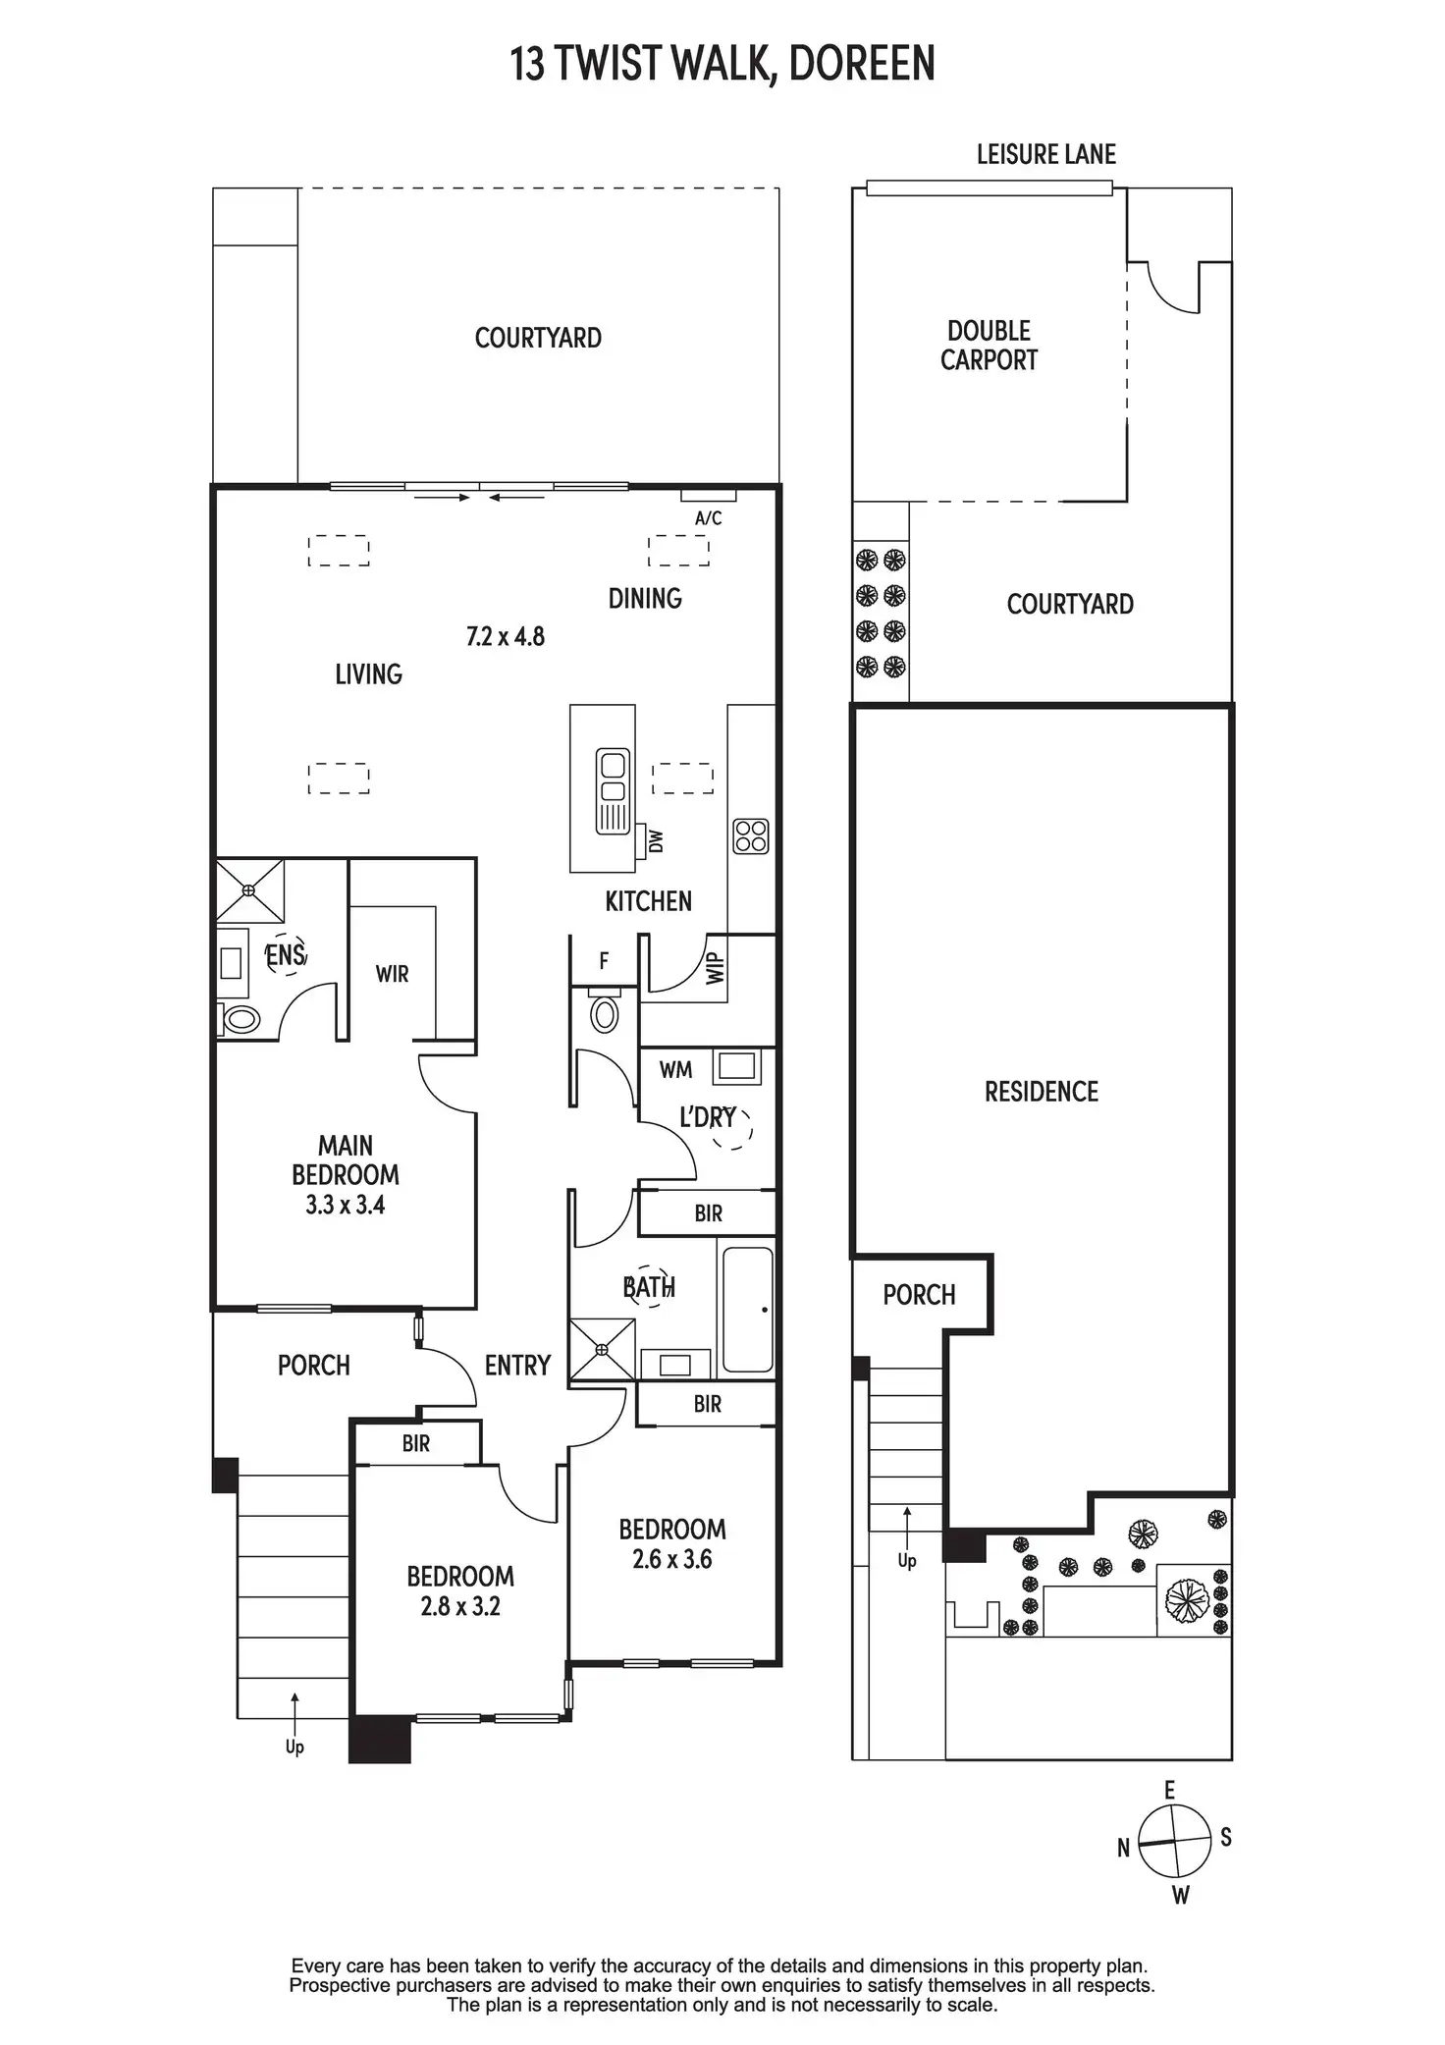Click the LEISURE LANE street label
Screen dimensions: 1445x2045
pos(1045,154)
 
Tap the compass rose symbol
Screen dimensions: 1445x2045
pos(1175,1842)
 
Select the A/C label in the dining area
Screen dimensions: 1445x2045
pos(708,518)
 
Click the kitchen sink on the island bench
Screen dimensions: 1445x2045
pos(613,791)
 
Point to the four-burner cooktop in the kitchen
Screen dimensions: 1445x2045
pos(751,836)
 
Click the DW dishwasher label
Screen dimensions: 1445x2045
pos(657,841)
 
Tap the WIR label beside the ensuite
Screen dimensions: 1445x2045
pos(392,974)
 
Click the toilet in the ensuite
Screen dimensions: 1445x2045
pos(239,1019)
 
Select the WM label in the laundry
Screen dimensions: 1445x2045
pos(675,1069)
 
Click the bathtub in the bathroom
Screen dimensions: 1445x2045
pos(748,1307)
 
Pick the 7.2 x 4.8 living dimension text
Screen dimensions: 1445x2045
pos(505,636)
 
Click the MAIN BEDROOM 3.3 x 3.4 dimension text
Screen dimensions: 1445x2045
pos(345,1205)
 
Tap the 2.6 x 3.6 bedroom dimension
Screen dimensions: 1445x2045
pos(671,1559)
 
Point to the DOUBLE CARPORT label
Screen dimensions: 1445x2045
pos(989,346)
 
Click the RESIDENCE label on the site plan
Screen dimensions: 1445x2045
pos(1041,1091)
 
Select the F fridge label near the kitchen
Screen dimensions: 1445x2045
pos(604,961)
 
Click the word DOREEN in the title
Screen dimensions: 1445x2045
pos(861,64)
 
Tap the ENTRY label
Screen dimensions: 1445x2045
pos(517,1365)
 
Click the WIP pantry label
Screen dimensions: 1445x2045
pos(715,968)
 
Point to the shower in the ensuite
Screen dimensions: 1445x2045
pos(249,890)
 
